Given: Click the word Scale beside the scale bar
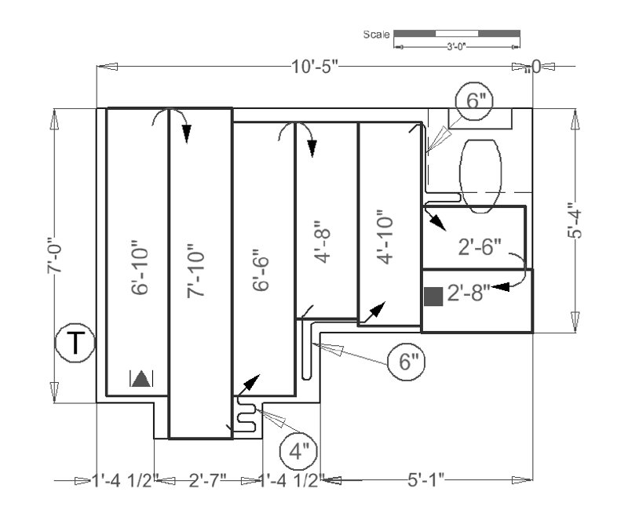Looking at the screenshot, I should coord(377,35).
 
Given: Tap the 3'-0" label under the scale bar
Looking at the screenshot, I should coord(456,47).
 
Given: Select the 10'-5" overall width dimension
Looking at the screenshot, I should coord(314,67).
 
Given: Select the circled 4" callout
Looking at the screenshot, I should coord(299,453).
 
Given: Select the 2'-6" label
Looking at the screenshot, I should coord(479,247).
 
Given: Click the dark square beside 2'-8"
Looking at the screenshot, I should coord(433,297).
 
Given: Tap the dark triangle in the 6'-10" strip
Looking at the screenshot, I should coord(141,379).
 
